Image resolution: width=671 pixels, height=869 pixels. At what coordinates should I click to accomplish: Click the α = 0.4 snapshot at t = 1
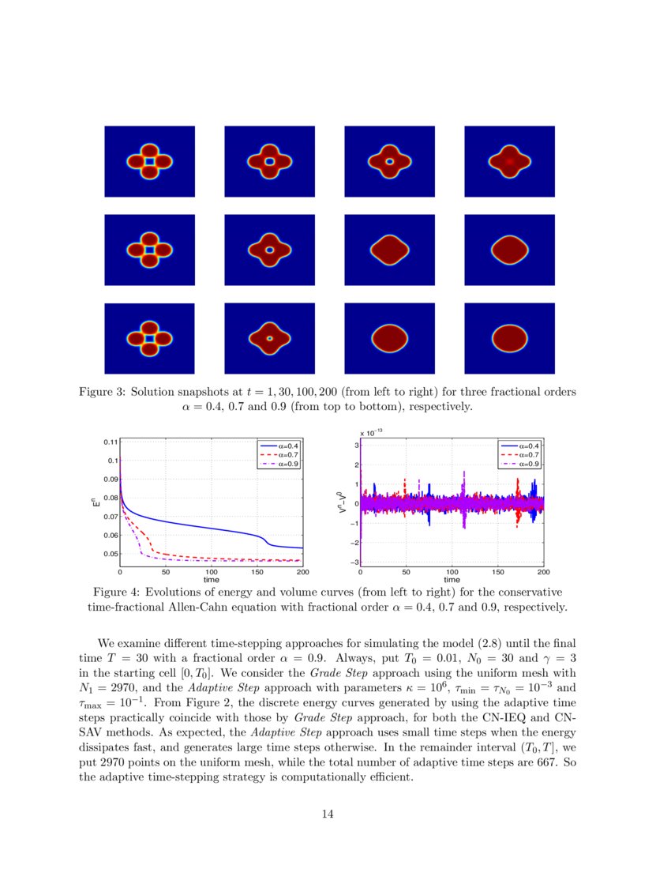tap(149, 161)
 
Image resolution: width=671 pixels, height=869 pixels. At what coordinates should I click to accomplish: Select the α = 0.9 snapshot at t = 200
tap(509, 339)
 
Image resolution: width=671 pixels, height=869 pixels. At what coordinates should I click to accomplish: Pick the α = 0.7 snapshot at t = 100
tap(389, 250)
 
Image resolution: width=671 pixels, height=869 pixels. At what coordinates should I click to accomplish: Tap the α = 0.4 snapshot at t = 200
tap(509, 161)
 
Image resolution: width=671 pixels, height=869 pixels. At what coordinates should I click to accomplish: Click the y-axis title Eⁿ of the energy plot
tap(94, 499)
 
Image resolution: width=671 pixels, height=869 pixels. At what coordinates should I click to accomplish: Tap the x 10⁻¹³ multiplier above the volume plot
tap(371, 433)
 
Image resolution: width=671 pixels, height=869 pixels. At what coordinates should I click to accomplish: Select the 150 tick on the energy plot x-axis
tap(257, 571)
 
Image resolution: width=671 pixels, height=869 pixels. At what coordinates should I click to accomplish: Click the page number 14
tap(329, 814)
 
